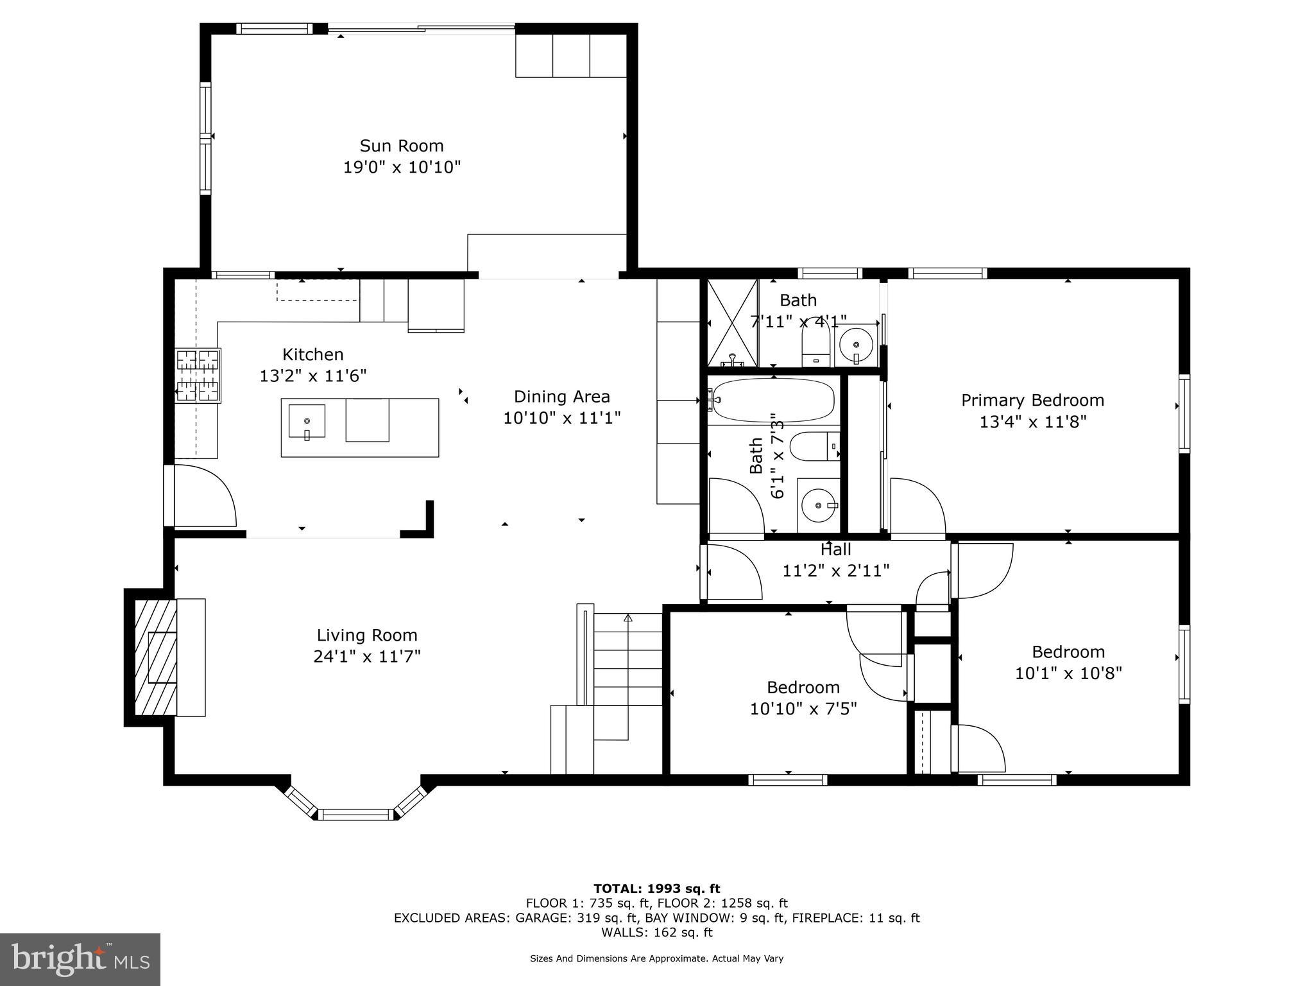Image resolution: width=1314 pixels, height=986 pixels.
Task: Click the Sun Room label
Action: point(401,146)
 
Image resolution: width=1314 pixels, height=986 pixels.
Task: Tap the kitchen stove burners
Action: point(198,376)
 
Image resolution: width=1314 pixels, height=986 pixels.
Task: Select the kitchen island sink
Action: point(307,421)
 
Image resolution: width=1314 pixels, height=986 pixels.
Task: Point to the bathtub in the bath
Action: point(773,401)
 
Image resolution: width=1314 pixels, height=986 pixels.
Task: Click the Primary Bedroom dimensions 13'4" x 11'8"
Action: point(1032,422)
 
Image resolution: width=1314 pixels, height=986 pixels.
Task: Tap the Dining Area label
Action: point(561,397)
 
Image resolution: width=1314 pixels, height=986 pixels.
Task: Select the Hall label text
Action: point(835,549)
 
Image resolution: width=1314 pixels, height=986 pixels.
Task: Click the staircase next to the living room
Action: point(627,674)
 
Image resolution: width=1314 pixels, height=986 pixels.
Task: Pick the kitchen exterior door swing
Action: point(204,496)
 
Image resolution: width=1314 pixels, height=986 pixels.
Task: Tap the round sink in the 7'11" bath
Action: point(856,345)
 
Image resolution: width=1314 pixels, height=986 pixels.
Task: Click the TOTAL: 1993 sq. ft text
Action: point(656,888)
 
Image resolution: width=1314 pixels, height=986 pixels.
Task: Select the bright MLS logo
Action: point(80,959)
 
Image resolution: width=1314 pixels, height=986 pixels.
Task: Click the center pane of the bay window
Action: point(355,815)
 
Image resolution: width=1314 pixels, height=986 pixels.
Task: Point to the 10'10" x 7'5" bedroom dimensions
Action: point(803,709)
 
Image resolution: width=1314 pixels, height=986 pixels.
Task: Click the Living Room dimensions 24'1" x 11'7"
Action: point(366,657)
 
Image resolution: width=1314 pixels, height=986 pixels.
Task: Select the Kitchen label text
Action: point(312,354)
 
